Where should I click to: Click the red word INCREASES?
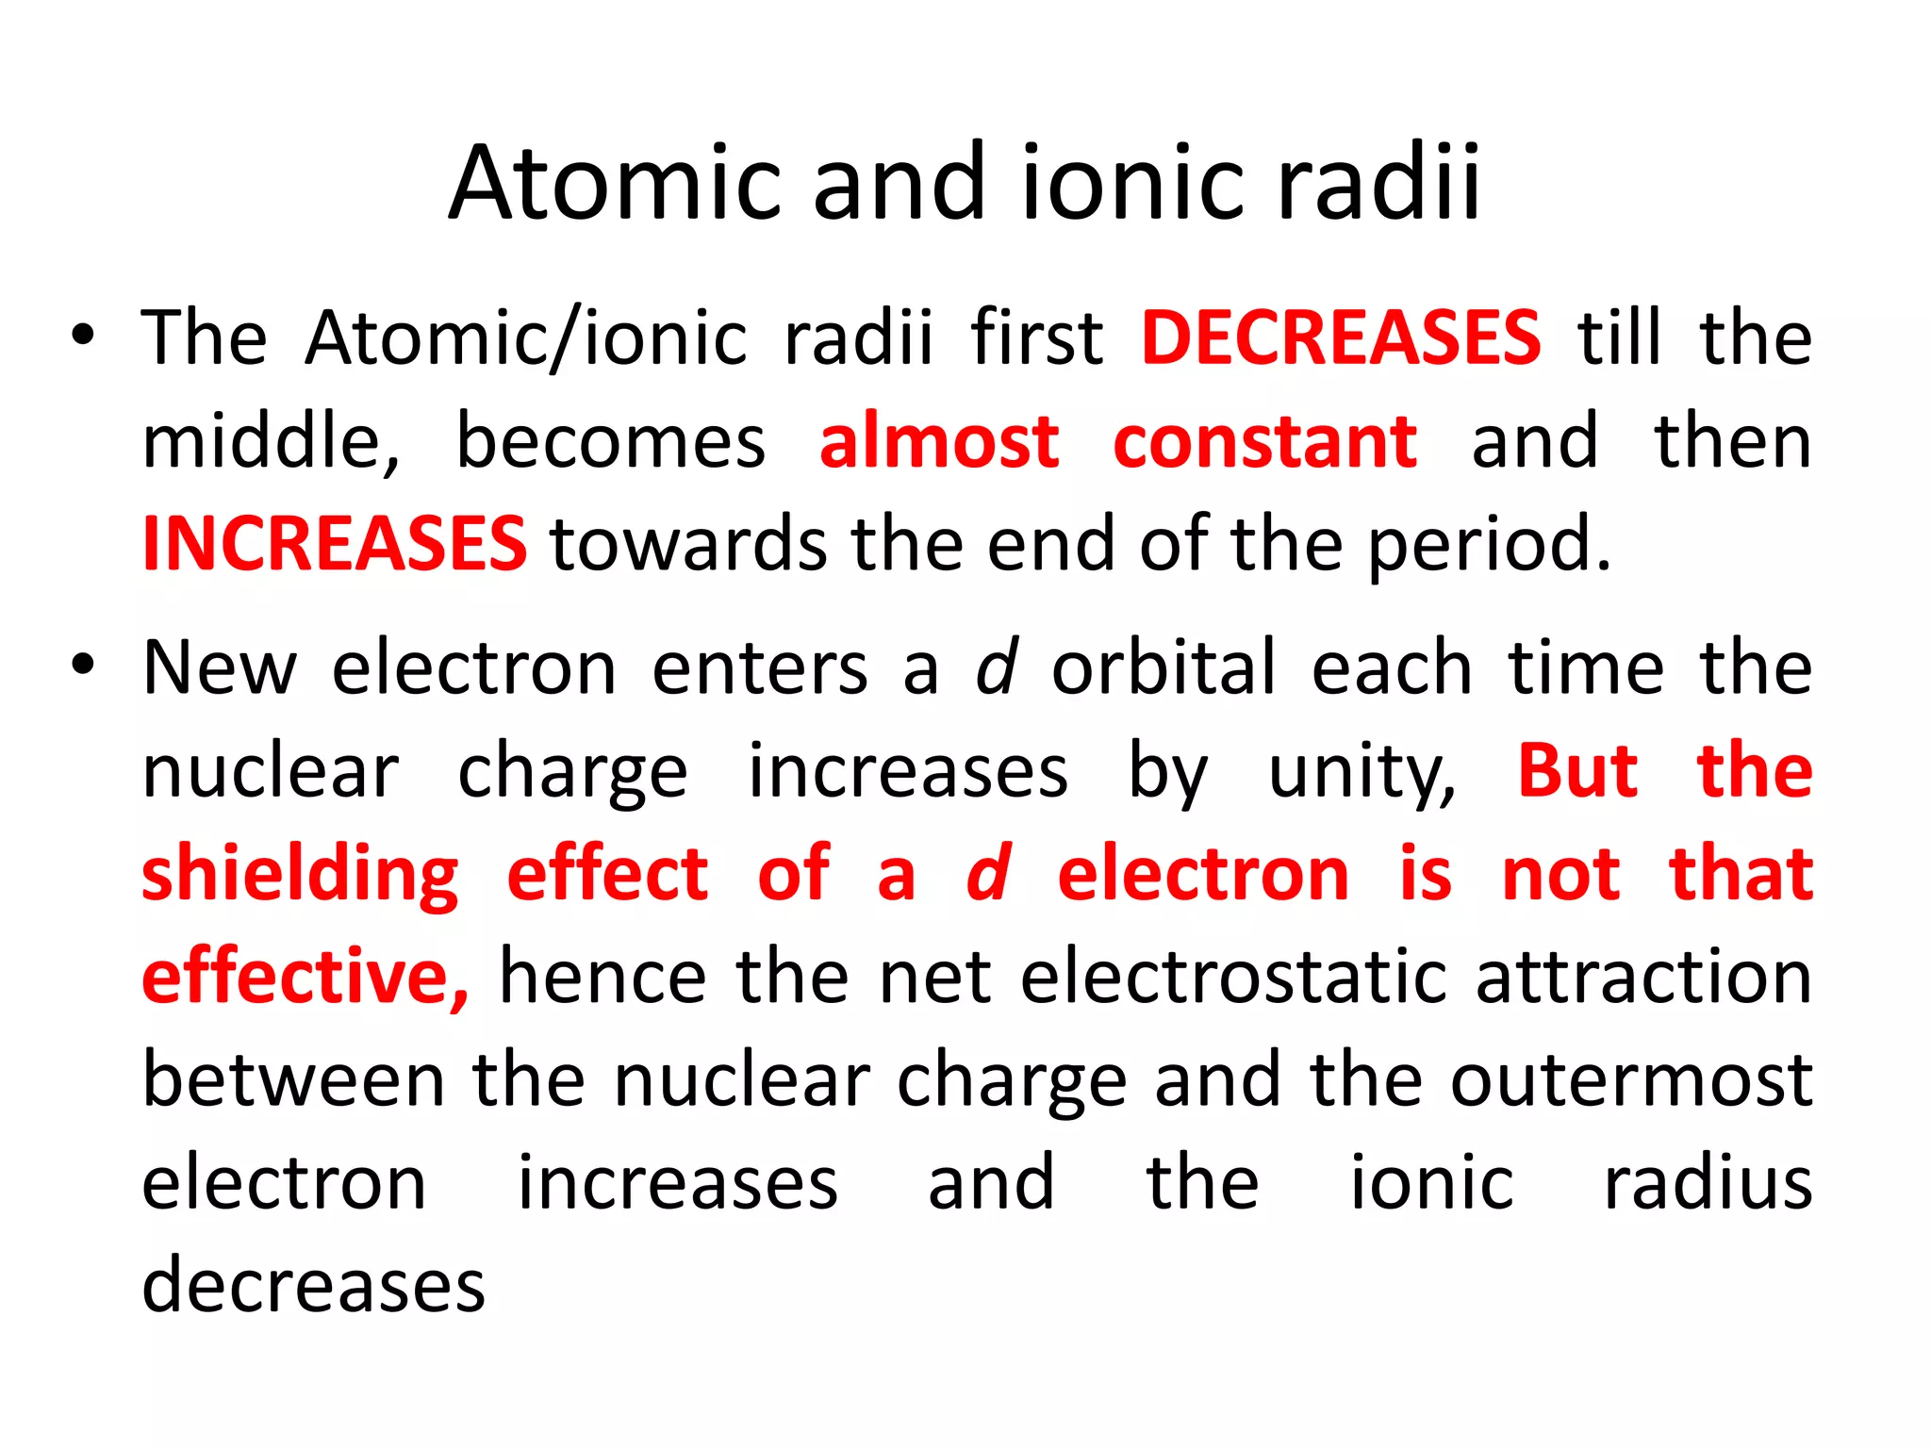335,544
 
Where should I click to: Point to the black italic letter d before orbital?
996,666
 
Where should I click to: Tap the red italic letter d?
988,873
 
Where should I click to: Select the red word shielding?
300,875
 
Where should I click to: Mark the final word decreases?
313,1286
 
